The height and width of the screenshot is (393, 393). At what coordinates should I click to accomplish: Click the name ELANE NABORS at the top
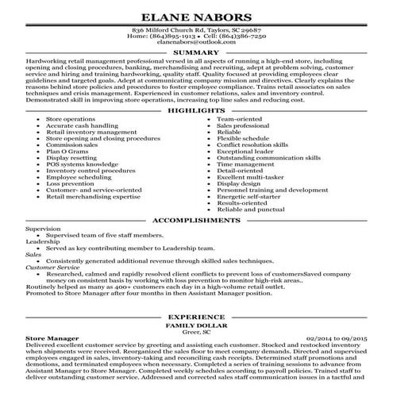click(x=196, y=16)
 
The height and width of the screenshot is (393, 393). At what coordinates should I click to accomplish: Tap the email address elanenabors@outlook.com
click(x=196, y=44)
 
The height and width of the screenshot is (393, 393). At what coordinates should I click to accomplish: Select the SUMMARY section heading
click(x=196, y=52)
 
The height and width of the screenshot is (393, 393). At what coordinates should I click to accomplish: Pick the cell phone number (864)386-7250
click(x=239, y=37)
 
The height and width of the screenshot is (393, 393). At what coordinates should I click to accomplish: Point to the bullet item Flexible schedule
click(x=242, y=137)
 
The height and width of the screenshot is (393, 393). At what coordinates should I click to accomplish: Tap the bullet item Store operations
click(x=71, y=118)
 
